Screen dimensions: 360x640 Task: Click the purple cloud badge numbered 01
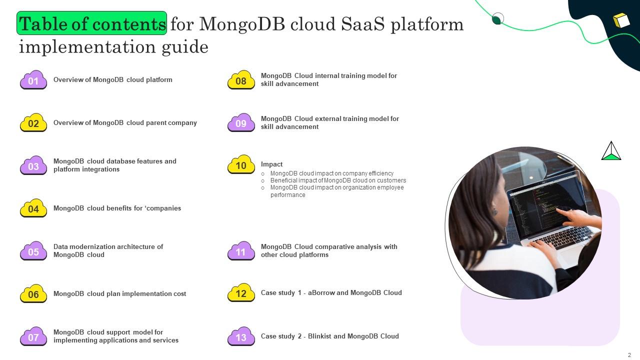click(x=33, y=80)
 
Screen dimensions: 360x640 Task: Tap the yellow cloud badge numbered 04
click(x=33, y=208)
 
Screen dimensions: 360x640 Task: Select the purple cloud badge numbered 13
click(x=241, y=337)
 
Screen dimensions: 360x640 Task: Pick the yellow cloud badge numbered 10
click(x=241, y=165)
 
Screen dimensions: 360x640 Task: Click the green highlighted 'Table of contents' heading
click(x=92, y=23)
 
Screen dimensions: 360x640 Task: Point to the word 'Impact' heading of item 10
click(x=271, y=164)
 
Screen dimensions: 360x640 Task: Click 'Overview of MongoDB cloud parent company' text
click(x=125, y=122)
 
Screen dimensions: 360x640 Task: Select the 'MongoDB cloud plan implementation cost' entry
click(x=119, y=293)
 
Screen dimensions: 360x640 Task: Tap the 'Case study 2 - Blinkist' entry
click(x=329, y=336)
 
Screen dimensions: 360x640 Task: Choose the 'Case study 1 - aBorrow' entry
click(x=331, y=292)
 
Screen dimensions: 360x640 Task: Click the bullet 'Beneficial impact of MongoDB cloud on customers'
click(x=338, y=180)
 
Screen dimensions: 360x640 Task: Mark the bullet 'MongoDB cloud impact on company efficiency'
click(x=331, y=173)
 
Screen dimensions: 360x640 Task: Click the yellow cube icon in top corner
click(x=621, y=20)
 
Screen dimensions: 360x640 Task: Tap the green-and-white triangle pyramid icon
click(x=611, y=151)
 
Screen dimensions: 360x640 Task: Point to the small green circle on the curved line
click(x=497, y=19)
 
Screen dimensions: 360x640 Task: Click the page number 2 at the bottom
click(x=629, y=355)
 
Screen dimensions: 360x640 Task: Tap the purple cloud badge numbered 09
click(x=241, y=123)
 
